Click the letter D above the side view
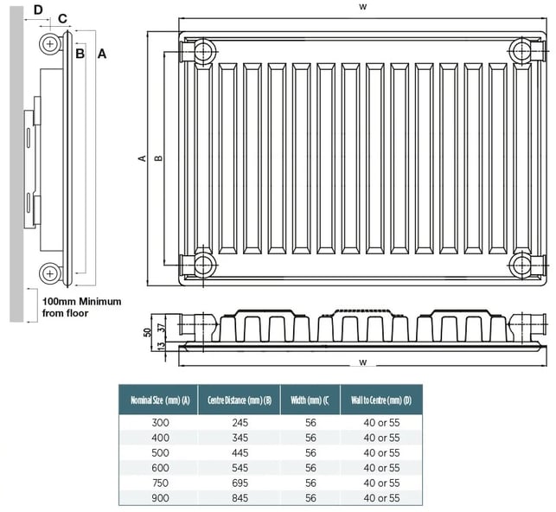(38, 10)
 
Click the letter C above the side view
(62, 19)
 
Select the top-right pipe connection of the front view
(521, 50)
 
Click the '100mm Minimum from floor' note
(81, 307)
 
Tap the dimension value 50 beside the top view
(147, 331)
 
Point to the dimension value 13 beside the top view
(161, 345)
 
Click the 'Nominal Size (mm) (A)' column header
(159, 400)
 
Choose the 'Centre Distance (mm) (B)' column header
(240, 400)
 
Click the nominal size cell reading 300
(159, 423)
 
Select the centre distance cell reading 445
(240, 453)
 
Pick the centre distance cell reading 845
(240, 498)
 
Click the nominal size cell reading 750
(159, 483)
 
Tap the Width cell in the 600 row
(311, 468)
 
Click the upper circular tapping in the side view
(51, 42)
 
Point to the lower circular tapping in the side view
(51, 273)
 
